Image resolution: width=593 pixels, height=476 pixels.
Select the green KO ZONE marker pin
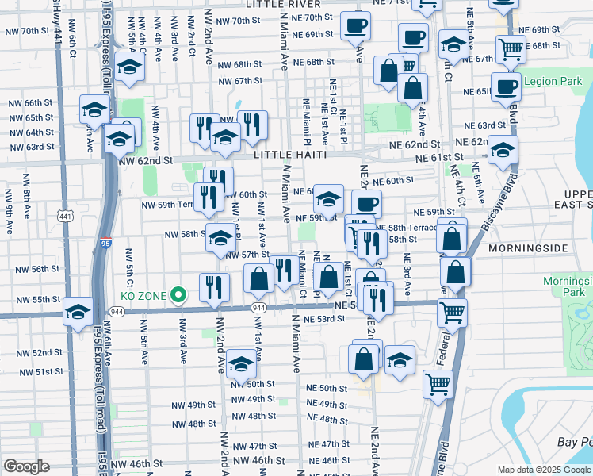178,295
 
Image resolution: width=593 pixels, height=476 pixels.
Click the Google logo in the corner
26,466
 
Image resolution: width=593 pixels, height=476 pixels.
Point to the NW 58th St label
184,235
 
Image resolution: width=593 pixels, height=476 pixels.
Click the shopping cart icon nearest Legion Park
511,48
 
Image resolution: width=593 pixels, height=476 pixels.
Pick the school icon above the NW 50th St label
241,363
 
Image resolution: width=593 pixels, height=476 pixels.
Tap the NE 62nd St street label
413,144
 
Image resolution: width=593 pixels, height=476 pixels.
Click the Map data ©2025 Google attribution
543,470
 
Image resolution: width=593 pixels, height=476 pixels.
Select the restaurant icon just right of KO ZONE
214,288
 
